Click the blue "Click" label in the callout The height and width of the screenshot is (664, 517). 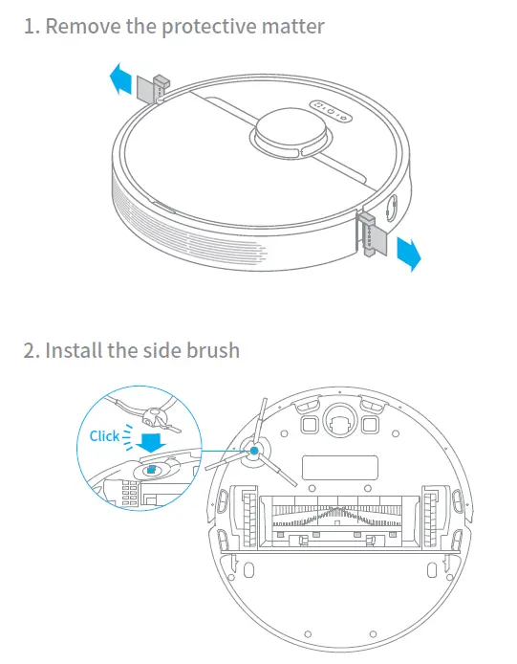click(x=104, y=436)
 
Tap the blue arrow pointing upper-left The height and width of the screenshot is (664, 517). click(x=118, y=80)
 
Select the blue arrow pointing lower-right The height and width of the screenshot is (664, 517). click(x=408, y=253)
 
